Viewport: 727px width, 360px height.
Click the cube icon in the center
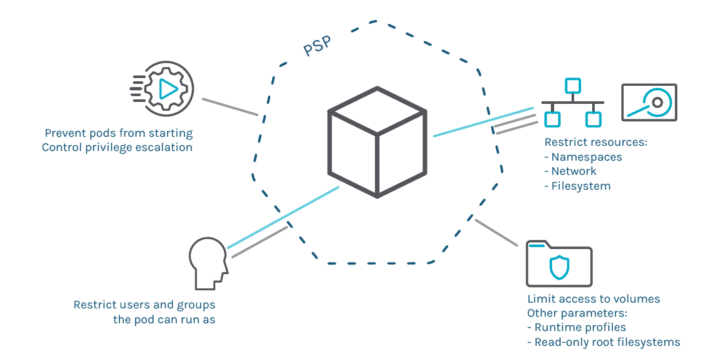(377, 141)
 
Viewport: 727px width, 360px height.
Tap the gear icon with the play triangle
(166, 88)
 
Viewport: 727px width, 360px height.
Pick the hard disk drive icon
(648, 103)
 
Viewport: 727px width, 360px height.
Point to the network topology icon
(572, 103)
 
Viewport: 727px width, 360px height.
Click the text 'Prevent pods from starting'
(119, 134)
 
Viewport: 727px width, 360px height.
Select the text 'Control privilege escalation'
(117, 147)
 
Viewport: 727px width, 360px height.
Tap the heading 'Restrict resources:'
(595, 143)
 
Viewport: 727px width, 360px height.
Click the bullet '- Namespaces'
(583, 157)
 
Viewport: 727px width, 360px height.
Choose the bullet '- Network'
(570, 171)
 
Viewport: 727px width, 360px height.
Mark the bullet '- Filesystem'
(577, 186)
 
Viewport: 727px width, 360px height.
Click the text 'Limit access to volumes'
(593, 299)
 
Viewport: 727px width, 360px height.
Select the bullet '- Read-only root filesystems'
(603, 342)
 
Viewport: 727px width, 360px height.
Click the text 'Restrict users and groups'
(144, 305)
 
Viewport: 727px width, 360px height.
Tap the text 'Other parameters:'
(577, 313)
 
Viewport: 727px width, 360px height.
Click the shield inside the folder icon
(559, 267)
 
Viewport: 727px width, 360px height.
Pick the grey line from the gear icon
(230, 107)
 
